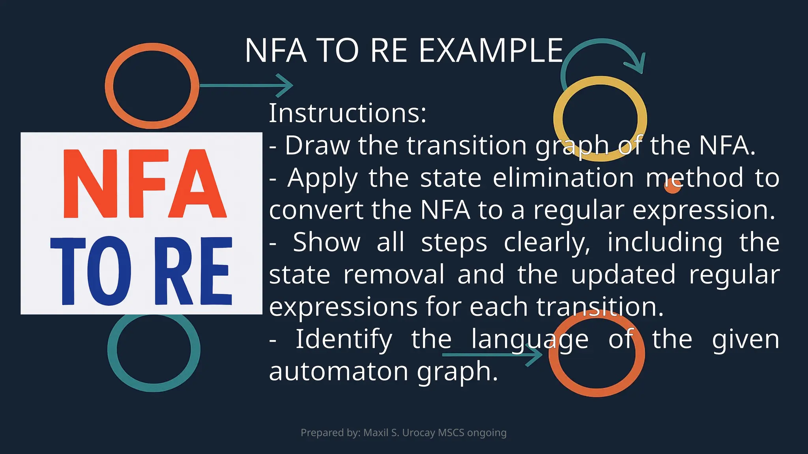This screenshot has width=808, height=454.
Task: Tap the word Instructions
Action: click(x=348, y=113)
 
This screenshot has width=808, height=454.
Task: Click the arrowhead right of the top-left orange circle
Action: click(x=285, y=85)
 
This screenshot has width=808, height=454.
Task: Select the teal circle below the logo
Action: click(x=154, y=349)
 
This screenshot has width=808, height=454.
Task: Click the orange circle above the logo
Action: click(x=152, y=86)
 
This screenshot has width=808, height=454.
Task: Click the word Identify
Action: click(x=344, y=339)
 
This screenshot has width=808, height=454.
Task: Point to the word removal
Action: click(x=394, y=275)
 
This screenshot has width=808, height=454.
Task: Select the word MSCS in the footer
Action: click(x=451, y=433)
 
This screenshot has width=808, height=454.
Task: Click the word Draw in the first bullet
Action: click(x=317, y=145)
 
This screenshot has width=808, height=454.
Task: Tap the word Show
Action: click(x=327, y=242)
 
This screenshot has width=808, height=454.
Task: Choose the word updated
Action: click(x=623, y=275)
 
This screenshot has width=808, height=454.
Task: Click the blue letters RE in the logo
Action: click(x=193, y=271)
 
